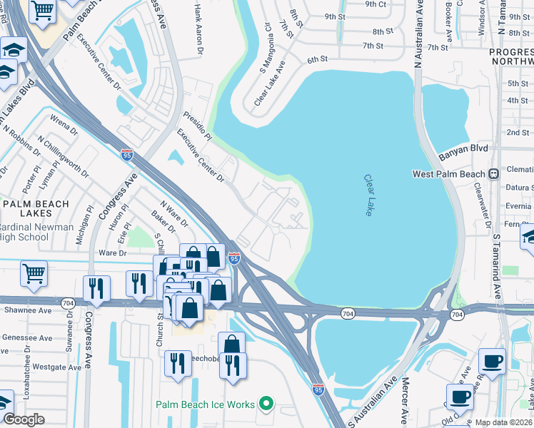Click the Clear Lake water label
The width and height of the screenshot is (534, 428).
[369, 196]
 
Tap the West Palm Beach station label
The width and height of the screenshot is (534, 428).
[448, 174]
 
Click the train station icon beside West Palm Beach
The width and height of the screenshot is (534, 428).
[493, 174]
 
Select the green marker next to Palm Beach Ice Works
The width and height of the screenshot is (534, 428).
[266, 404]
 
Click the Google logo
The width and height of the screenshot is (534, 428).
[24, 419]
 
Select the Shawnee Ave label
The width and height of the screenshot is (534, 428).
[26, 310]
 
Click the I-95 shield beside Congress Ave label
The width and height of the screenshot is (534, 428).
[126, 154]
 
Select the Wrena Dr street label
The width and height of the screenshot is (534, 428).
[64, 124]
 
